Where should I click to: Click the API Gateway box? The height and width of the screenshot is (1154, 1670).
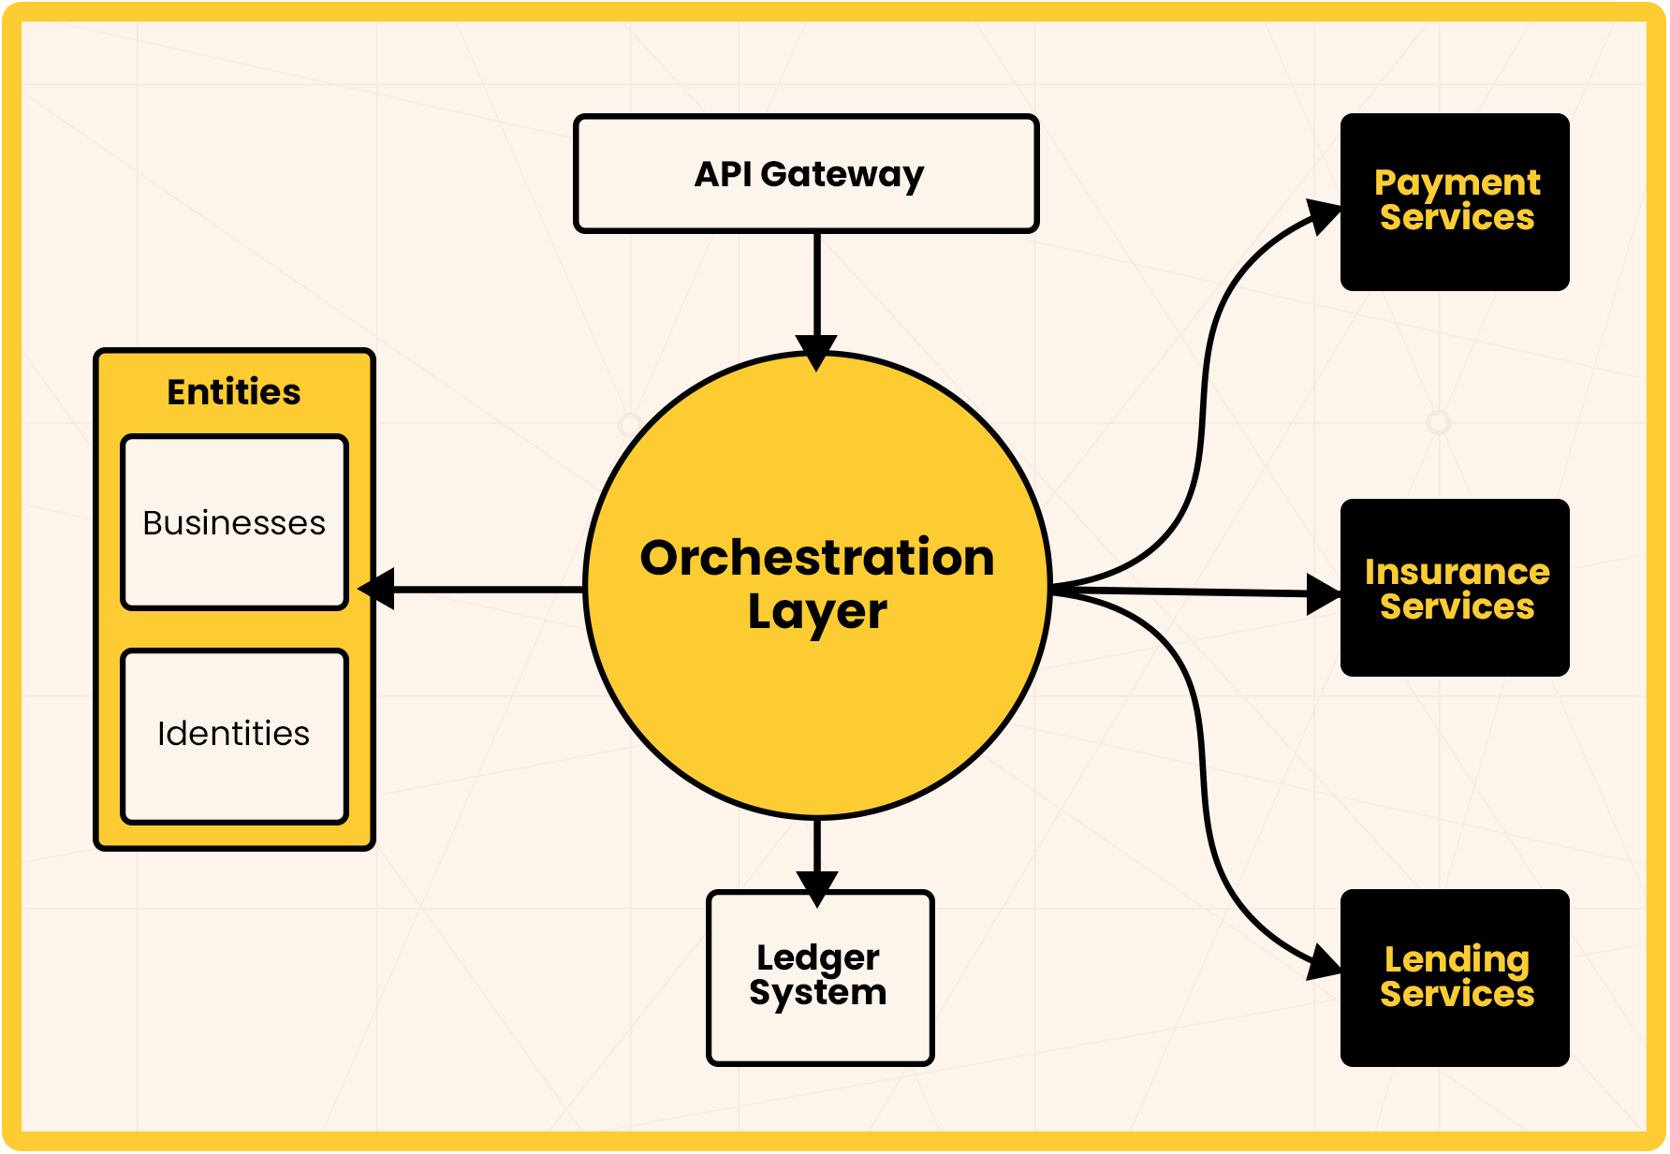point(806,174)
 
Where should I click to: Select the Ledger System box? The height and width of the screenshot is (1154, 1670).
point(820,977)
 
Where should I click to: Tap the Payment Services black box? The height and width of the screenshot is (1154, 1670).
point(1455,202)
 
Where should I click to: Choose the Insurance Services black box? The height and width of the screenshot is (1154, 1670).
point(1455,588)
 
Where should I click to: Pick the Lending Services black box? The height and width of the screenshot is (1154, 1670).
point(1455,977)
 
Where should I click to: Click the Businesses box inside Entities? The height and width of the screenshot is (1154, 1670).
point(234,522)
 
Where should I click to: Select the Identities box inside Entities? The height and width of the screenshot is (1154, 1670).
point(234,736)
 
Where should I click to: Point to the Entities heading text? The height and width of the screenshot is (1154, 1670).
point(234,392)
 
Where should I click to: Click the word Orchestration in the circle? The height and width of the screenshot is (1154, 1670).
point(817,558)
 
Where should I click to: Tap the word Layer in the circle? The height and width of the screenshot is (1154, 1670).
point(817,612)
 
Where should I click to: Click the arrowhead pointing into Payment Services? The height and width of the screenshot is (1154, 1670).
point(1324,216)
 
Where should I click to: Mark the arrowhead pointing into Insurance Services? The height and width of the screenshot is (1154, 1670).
point(1323,593)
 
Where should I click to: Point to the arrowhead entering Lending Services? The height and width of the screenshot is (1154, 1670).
point(1324,962)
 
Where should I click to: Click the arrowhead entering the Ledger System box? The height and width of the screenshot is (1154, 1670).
point(817,887)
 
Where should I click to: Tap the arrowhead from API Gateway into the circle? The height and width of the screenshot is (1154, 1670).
point(817,352)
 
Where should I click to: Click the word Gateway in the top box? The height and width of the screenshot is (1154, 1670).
point(842,175)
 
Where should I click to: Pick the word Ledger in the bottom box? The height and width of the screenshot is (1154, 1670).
point(818,957)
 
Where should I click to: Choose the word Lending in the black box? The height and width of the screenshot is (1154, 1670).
point(1457,959)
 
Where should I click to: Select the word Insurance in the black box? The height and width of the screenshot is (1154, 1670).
point(1457,572)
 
